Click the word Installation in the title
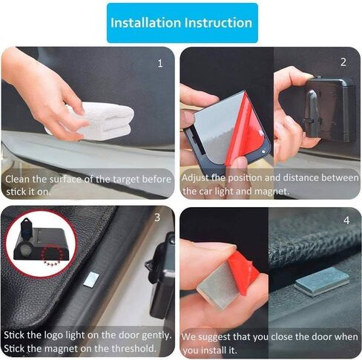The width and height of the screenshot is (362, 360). click(146, 23)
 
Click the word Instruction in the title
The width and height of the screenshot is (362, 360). click(218, 23)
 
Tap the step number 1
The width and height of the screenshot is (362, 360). click(160, 64)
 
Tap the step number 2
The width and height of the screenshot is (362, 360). click(343, 62)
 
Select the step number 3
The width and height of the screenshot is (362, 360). click(157, 217)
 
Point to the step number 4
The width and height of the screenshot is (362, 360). click(346, 220)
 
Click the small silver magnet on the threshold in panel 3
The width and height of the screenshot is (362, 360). click(91, 280)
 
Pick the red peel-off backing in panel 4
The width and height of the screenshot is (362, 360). click(243, 272)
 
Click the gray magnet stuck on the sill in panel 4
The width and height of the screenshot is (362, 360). click(322, 281)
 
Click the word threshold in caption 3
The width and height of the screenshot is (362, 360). click(134, 348)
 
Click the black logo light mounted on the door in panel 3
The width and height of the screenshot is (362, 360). click(161, 275)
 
